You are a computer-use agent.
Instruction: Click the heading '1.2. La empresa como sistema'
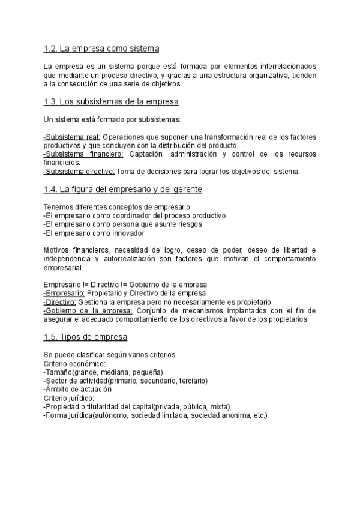[x=101, y=49]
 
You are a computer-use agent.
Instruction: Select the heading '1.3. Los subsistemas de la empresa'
[x=111, y=101]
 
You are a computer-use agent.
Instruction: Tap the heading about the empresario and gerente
[x=123, y=190]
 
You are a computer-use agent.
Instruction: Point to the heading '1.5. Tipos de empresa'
[x=85, y=337]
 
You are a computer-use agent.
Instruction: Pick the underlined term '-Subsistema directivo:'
[x=79, y=172]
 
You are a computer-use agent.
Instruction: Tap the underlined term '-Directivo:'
[x=60, y=302]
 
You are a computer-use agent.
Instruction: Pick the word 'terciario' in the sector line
[x=191, y=381]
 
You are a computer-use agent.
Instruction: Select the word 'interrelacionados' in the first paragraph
[x=284, y=66]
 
